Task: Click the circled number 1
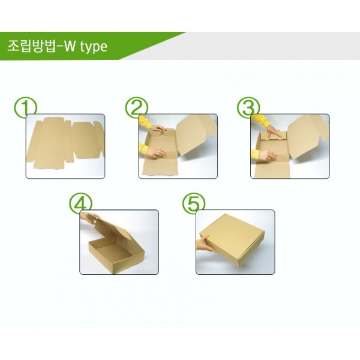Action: pos(25,108)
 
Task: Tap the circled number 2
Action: pos(137,108)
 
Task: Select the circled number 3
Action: pos(248,108)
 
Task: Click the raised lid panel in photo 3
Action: pos(307,136)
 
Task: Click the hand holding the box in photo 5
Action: pos(206,244)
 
